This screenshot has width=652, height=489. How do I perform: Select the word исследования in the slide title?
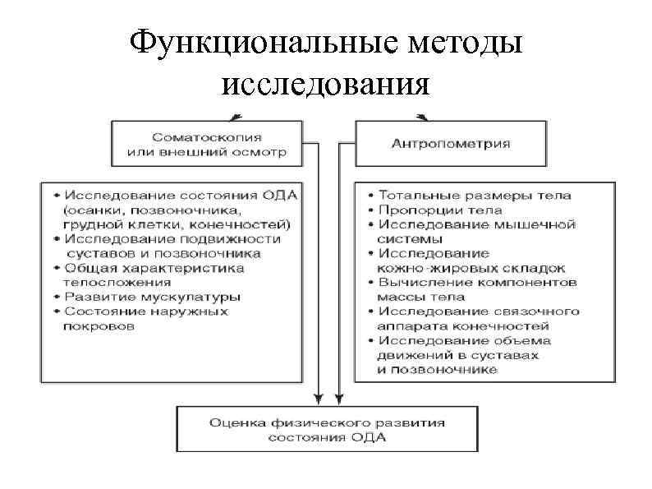(x=325, y=83)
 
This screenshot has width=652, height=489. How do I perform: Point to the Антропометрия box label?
(x=450, y=143)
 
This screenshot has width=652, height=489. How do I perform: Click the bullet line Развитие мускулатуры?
(x=152, y=296)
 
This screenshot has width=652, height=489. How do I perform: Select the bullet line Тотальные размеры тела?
(x=474, y=196)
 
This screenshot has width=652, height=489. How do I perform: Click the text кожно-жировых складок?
(x=471, y=268)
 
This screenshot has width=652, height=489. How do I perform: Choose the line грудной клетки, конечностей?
(x=177, y=224)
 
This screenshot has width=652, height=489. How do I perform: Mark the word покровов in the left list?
(x=99, y=325)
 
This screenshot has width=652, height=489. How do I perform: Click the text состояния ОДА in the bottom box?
(x=326, y=437)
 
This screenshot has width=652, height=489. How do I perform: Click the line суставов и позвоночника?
(x=163, y=253)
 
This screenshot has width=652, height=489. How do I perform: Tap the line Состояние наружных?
(x=146, y=311)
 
